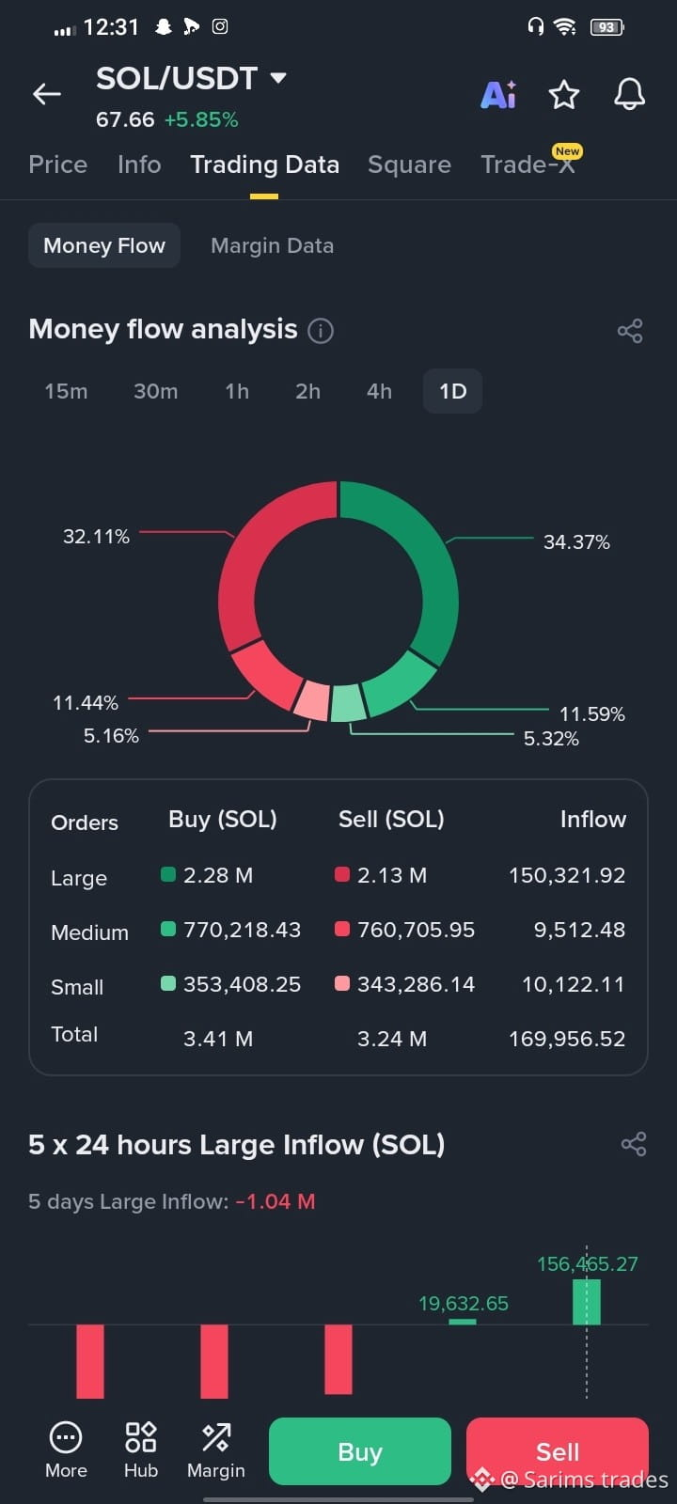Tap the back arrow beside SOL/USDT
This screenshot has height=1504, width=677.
(x=47, y=94)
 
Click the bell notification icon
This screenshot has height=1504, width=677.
(x=629, y=94)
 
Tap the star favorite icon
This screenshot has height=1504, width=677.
(x=563, y=95)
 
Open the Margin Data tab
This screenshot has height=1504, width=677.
(x=272, y=245)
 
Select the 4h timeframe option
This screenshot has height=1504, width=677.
(x=379, y=391)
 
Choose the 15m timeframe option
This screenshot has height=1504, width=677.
(x=66, y=391)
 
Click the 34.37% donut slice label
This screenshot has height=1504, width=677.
(x=576, y=541)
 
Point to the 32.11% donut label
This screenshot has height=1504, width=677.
(x=96, y=537)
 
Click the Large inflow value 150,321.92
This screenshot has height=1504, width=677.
(x=567, y=875)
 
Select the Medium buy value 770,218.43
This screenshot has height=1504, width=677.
(x=242, y=930)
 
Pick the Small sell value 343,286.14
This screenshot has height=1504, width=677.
(x=416, y=984)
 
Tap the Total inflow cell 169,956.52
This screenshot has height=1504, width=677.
(x=567, y=1039)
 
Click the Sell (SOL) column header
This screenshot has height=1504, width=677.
(x=391, y=819)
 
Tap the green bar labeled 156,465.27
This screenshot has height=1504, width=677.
(x=587, y=1301)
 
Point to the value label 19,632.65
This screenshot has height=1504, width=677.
(x=464, y=1303)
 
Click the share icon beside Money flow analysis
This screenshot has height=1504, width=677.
(x=630, y=330)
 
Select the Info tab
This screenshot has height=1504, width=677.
(x=139, y=164)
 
